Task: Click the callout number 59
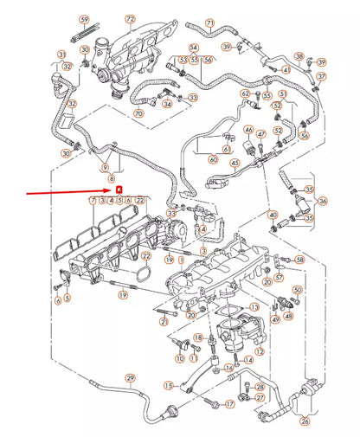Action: (x=84, y=19)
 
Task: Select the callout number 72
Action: (x=130, y=18)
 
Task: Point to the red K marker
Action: (x=119, y=190)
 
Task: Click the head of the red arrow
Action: (x=111, y=190)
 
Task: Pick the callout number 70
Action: (x=138, y=113)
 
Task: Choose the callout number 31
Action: (x=62, y=55)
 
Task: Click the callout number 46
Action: (x=247, y=131)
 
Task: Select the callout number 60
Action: (x=213, y=160)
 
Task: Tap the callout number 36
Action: (x=323, y=201)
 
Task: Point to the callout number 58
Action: (x=300, y=259)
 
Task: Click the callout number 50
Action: (x=254, y=307)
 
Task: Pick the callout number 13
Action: (x=254, y=307)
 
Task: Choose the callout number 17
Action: (x=230, y=403)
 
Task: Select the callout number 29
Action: (x=131, y=378)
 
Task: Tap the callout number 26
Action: (x=305, y=421)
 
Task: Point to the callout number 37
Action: (x=320, y=76)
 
